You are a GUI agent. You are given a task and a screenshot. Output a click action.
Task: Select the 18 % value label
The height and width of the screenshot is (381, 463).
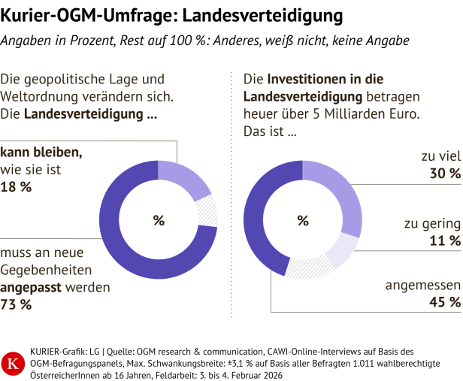[x=17, y=187]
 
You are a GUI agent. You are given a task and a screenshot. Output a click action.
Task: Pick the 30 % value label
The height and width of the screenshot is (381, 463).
[x=445, y=174]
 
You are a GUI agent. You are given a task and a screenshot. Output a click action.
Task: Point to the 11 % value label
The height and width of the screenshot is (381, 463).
[x=445, y=240]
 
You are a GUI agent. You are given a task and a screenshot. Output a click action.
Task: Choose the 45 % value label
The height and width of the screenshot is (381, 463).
[x=445, y=302]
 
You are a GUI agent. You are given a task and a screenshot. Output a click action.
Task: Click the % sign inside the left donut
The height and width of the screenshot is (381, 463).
[x=159, y=220]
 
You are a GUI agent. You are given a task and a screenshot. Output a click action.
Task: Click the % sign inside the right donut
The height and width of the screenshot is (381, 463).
[x=303, y=220]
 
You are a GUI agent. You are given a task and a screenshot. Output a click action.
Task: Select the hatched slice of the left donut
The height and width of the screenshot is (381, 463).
[x=207, y=213]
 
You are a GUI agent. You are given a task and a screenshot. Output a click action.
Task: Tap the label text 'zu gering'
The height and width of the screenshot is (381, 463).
[x=431, y=223]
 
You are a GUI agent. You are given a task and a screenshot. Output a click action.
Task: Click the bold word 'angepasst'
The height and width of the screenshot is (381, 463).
[x=33, y=287]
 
